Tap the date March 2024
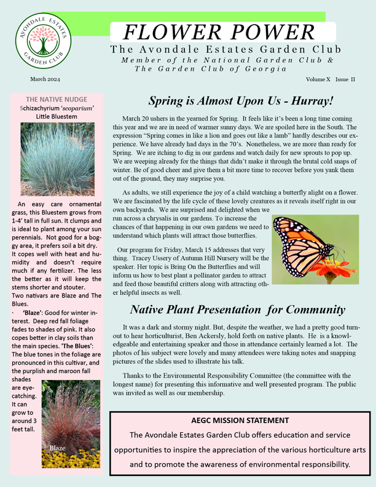point(45,80)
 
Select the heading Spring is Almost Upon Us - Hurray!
point(241,100)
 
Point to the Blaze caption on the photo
point(58,448)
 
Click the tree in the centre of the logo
point(43,43)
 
